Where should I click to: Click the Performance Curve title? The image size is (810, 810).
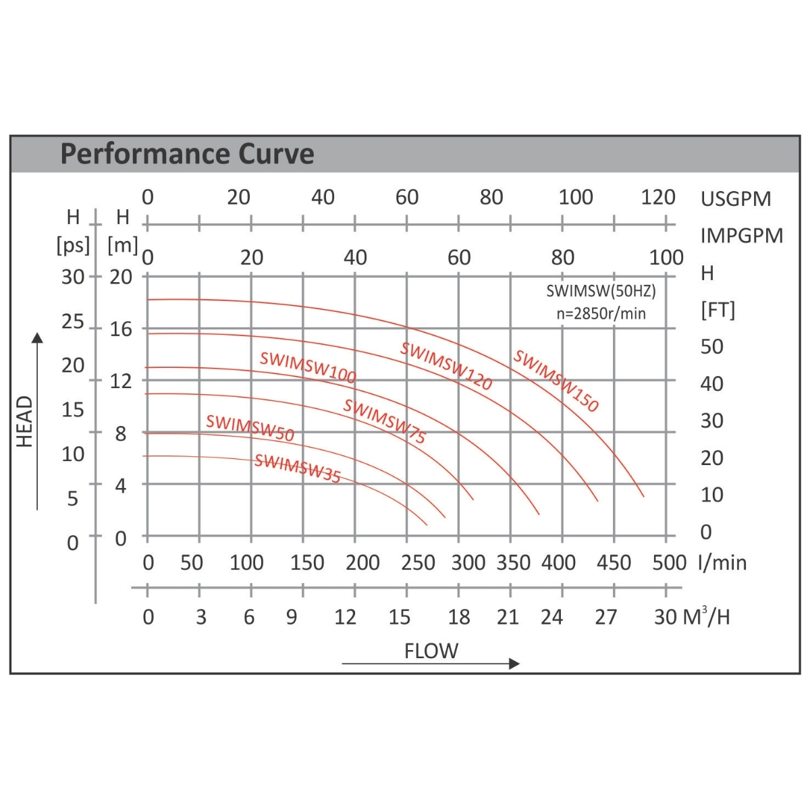coord(187,154)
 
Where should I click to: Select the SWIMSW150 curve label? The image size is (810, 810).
coord(556,380)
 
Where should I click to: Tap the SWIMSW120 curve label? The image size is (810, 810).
coord(446,366)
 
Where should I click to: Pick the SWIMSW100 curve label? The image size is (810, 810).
coord(308,367)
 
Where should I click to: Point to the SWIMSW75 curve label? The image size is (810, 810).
coord(384,421)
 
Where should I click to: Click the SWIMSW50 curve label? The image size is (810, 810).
coord(250,428)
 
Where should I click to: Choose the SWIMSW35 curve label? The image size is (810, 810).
coord(297,468)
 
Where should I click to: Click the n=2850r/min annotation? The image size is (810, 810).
coord(601,313)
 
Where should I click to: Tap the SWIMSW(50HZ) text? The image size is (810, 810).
coord(601,291)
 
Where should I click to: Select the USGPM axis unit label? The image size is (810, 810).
coord(735,199)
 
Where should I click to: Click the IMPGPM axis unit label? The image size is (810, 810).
coord(741,236)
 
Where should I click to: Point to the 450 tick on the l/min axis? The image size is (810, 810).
coord(614,562)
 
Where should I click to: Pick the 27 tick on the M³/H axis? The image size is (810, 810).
coord(605,616)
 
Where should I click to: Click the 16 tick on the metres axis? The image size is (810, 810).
coord(122,329)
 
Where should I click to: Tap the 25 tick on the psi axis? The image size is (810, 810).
coord(73,321)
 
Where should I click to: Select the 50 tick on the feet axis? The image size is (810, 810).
coord(711,346)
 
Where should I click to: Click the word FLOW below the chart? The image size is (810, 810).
coord(431,651)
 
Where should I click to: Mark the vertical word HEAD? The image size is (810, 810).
coord(24,421)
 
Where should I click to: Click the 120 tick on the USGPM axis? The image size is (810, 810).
coord(658,197)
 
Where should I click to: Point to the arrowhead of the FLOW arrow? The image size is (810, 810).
coord(514,664)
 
